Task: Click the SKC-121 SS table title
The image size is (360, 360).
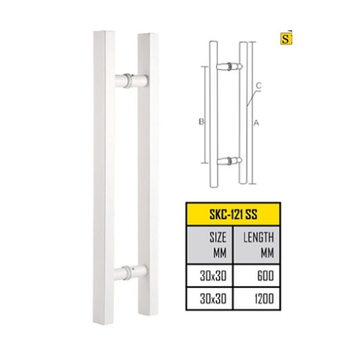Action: point(233,215)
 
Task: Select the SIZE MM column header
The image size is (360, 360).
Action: point(217,245)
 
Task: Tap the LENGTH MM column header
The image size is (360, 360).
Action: point(258,245)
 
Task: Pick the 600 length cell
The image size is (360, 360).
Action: point(266,276)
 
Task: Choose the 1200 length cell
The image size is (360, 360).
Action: point(264,299)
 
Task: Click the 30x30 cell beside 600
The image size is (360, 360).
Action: point(213,276)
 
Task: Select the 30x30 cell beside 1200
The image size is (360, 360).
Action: point(213,299)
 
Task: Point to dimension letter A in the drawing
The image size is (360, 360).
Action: point(256,123)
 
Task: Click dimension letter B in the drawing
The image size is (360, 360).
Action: point(202,122)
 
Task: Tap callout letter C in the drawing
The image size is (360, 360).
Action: point(258,85)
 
